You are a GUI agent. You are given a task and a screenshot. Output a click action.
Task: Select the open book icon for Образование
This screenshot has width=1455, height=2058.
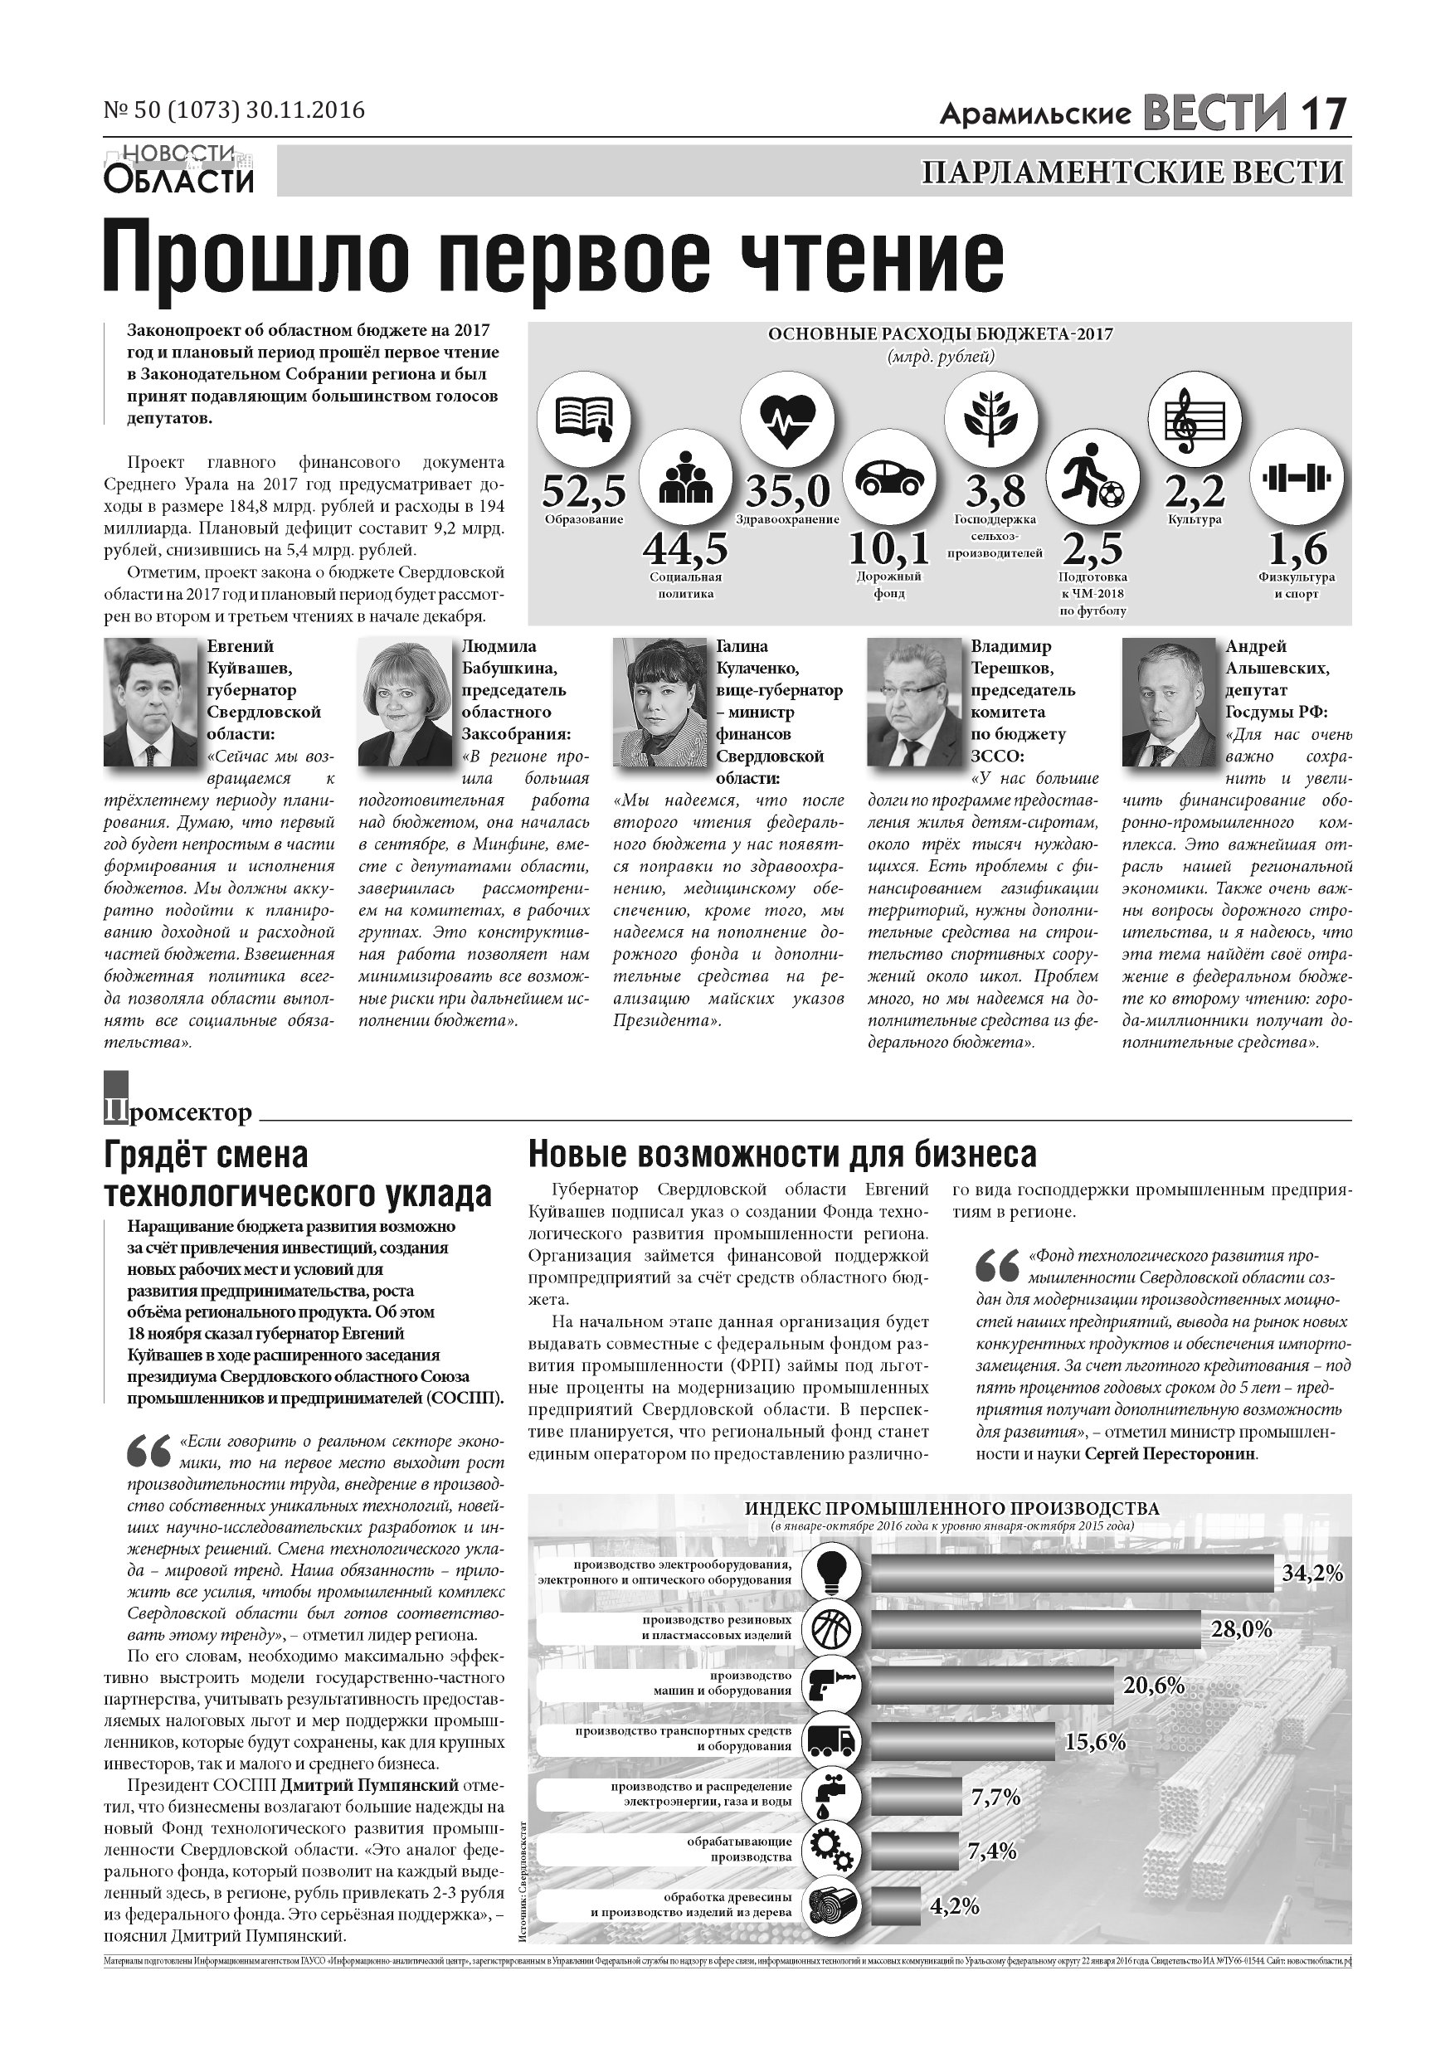coord(584,419)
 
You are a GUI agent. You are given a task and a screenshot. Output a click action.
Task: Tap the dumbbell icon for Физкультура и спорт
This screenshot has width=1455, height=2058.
coord(1297,477)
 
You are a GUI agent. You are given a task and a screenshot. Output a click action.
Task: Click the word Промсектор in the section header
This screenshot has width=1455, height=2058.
coord(178,1113)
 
